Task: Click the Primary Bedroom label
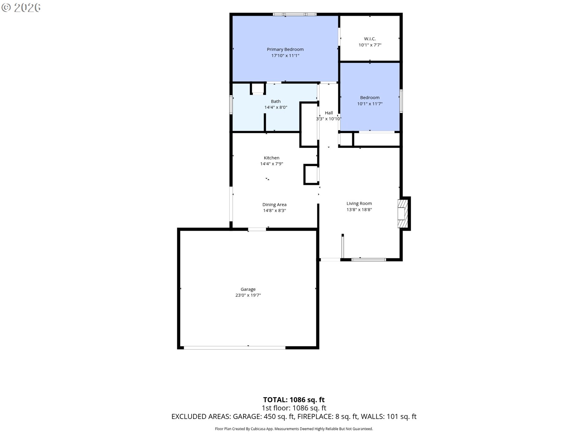click(x=285, y=49)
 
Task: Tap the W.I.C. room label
click(x=370, y=39)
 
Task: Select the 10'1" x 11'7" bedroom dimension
click(x=370, y=104)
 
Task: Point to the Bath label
click(x=276, y=101)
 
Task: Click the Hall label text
click(x=329, y=113)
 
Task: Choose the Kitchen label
click(x=271, y=158)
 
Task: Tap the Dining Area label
click(x=274, y=205)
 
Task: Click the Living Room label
click(x=359, y=203)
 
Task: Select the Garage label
click(x=248, y=289)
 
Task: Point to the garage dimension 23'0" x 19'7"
click(x=248, y=295)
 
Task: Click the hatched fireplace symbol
click(x=403, y=214)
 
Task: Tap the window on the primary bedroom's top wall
click(x=295, y=14)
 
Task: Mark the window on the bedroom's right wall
click(x=401, y=101)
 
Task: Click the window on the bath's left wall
click(x=231, y=105)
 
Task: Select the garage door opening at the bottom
click(x=235, y=348)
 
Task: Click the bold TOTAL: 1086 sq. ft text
click(x=294, y=400)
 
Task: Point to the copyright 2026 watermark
click(x=21, y=8)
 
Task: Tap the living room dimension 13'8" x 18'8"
click(x=359, y=210)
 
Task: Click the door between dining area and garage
click(x=257, y=229)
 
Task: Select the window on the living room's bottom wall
click(x=368, y=260)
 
